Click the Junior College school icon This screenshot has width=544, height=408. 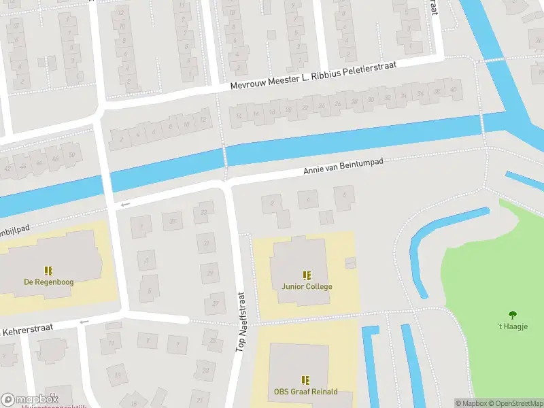coord(307,275)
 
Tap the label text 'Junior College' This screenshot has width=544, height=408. coord(307,286)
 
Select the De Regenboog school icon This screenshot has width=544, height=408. coord(48,271)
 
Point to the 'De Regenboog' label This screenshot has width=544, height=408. coord(48,282)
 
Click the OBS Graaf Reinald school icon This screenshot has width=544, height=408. coord(305,381)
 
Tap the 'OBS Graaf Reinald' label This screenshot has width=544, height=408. coord(305,392)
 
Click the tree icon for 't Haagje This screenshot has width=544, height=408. coord(512,315)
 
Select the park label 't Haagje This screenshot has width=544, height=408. coord(512,326)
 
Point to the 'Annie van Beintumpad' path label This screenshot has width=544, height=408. coord(343,169)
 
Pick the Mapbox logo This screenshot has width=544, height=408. coord(29,399)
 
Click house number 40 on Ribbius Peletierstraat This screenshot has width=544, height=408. coord(453,90)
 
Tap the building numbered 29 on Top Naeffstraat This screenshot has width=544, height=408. coord(209,273)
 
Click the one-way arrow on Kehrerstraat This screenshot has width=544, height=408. coord(84,322)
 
